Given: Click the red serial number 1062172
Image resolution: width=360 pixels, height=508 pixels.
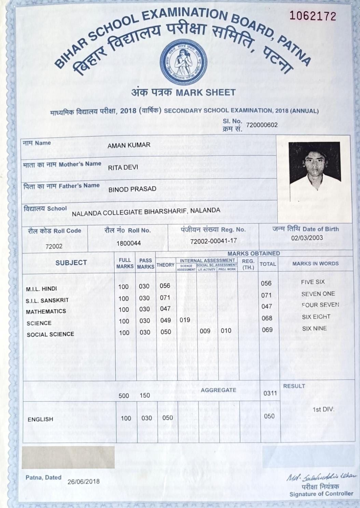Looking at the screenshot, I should [313, 16].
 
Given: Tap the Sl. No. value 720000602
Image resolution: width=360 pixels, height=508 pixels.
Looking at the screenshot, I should [262, 125].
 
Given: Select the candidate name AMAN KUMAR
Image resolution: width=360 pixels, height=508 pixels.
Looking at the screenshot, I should [129, 145].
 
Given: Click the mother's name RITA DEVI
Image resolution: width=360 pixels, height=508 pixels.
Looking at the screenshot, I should [123, 168].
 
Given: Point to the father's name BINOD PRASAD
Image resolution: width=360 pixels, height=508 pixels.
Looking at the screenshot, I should [132, 189].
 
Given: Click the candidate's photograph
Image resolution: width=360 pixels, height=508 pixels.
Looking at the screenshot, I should [314, 162].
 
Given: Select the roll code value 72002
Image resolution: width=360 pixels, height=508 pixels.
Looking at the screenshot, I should [54, 246].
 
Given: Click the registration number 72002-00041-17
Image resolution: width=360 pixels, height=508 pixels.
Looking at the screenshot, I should [213, 241].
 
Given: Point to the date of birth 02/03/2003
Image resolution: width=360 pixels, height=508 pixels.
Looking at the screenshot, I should [307, 238].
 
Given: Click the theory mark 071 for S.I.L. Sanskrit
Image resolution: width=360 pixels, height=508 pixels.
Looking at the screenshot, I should [165, 298].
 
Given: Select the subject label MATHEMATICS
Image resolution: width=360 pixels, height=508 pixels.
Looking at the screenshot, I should [46, 311].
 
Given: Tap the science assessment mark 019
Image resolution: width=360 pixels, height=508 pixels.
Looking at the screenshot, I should [185, 320].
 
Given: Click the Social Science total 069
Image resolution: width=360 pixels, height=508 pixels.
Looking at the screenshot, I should [267, 330].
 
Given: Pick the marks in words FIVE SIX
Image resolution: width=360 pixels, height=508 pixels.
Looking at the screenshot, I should [313, 282].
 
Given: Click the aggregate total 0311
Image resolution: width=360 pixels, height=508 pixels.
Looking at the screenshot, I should [270, 393].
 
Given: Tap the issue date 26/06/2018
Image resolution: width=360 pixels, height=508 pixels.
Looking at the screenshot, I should [84, 481].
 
